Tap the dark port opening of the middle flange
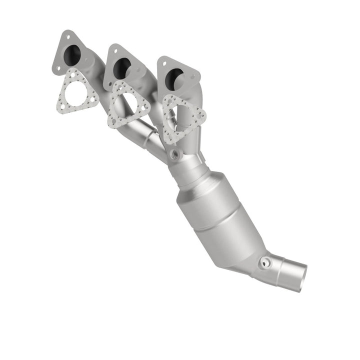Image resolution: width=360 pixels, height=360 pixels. click(121, 65)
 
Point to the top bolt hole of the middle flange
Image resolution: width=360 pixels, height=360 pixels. click(113, 49)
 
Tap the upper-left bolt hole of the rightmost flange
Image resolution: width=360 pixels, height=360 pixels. click(163, 62)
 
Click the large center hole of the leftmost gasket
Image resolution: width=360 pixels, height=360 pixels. click(76, 93)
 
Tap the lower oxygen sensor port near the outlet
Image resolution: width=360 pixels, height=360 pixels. click(265, 261)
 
